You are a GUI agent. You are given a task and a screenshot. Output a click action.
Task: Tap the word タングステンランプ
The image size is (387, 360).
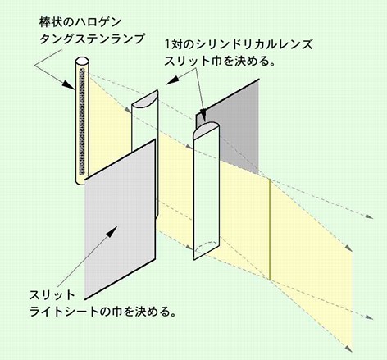coord(92,39)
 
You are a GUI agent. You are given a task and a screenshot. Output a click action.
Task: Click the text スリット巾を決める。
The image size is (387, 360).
coord(219,62)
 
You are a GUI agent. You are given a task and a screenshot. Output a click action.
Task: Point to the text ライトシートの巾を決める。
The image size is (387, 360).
coord(102,312)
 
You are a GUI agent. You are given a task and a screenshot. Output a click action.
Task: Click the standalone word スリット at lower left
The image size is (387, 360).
coord(52,295)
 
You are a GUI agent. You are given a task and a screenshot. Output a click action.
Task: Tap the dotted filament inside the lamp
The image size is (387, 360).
coord(82,122)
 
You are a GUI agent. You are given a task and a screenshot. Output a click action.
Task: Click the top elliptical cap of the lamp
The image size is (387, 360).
coord(82,61)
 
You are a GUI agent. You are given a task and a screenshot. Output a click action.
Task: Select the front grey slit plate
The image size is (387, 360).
coord(121,219)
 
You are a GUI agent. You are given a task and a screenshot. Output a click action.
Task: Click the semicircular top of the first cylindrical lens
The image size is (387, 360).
coord(145,98)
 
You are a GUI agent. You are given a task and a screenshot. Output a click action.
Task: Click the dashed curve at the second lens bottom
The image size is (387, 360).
coord(206,248)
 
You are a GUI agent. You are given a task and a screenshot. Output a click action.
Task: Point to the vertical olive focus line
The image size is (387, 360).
coord(270,230)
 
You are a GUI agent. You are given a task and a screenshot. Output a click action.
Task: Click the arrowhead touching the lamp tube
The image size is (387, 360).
coord(68,84)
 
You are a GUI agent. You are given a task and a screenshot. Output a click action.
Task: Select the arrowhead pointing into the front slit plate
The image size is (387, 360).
coord(112,232)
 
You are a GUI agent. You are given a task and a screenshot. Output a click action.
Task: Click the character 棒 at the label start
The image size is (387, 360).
coord(45,22)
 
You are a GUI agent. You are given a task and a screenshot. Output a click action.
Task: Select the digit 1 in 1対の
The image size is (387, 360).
coord(167,44)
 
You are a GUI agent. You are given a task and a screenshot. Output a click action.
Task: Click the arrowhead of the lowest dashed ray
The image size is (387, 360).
coord(348,349)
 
